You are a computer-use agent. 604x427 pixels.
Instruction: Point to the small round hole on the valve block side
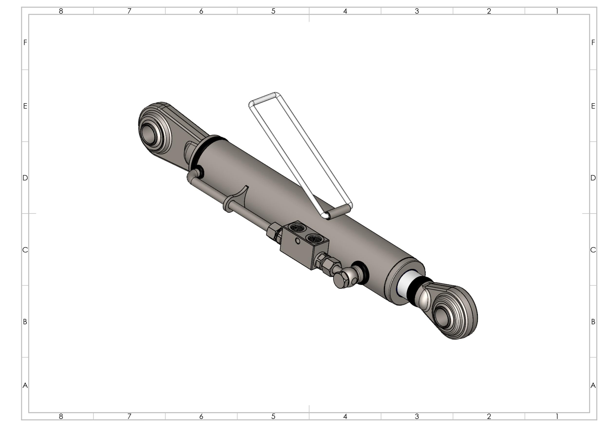297,241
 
